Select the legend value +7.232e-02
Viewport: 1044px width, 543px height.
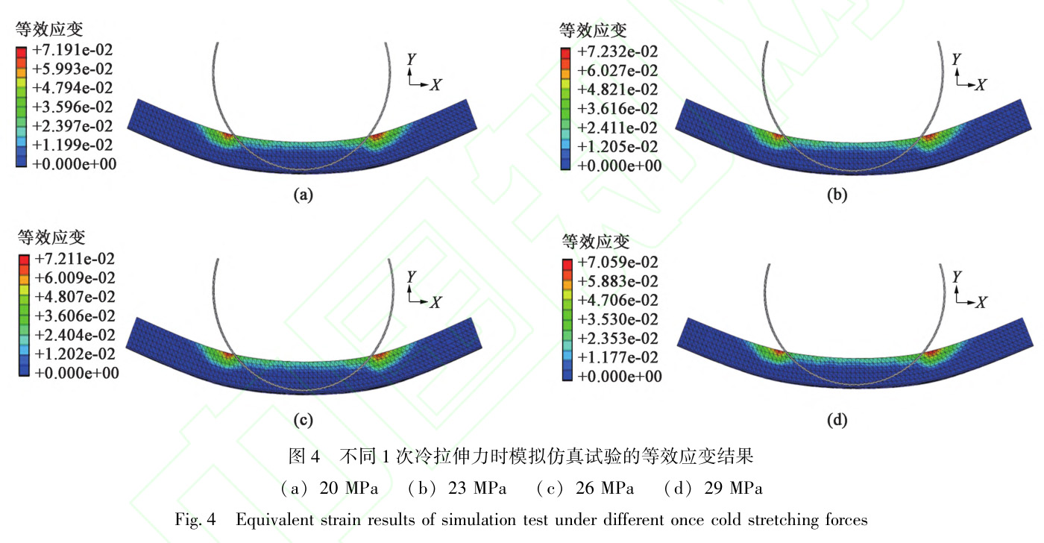click(x=618, y=52)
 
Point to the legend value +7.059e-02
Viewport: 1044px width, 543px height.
click(x=618, y=262)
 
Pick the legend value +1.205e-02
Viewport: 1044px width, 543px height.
click(x=618, y=146)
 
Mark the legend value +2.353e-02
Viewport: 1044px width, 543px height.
click(x=618, y=338)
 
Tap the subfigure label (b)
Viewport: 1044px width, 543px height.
click(x=838, y=195)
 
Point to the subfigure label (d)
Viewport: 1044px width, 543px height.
click(x=838, y=421)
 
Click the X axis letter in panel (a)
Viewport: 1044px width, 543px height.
click(x=435, y=84)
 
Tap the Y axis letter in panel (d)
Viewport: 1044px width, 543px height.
click(x=957, y=277)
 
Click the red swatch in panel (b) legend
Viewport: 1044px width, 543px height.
click(x=566, y=52)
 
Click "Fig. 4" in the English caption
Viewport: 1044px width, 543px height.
click(x=195, y=520)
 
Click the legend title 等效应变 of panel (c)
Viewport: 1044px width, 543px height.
click(x=52, y=238)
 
